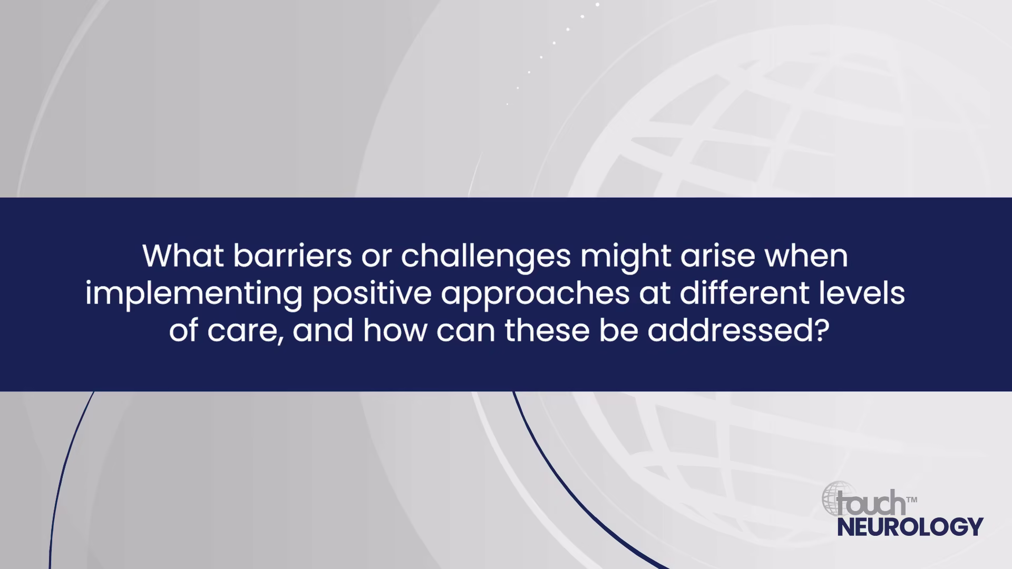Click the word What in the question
point(183,256)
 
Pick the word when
point(806,256)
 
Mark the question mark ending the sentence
point(822,330)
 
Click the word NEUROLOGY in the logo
point(910,527)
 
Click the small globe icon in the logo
point(838,498)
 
